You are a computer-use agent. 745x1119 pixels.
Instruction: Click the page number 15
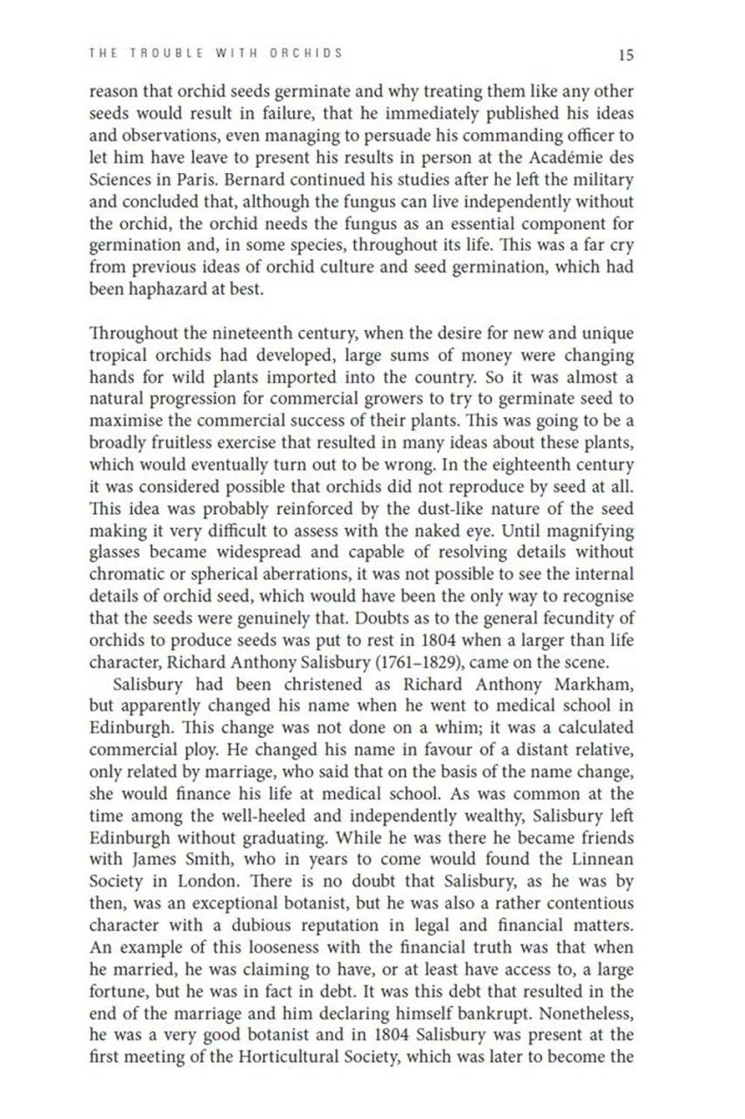(625, 55)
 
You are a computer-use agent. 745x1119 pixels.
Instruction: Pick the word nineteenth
(271, 333)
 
